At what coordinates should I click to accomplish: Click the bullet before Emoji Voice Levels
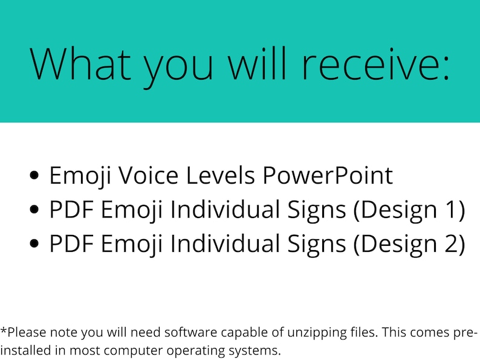(35, 176)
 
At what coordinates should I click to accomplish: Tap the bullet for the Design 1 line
(35, 210)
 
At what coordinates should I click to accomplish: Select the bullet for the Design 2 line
(35, 243)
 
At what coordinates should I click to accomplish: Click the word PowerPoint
(328, 176)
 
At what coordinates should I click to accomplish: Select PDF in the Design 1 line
(71, 210)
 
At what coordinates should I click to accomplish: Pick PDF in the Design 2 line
(71, 243)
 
